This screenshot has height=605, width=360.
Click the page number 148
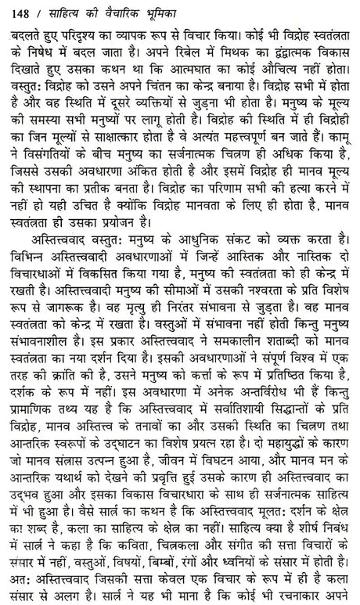(17, 12)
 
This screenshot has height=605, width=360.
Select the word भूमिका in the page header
(149, 12)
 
